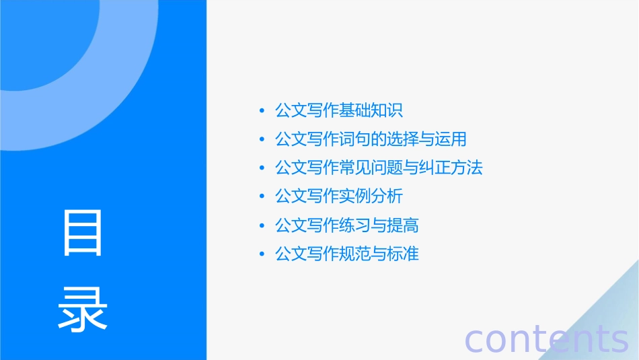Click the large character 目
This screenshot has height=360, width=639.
83,233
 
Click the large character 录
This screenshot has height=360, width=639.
83,309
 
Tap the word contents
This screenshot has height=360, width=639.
546,338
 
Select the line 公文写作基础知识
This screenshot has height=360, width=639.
339,110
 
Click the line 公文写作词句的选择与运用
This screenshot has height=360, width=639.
371,139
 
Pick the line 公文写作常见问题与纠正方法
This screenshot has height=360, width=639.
379,168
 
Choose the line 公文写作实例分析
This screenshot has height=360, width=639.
339,196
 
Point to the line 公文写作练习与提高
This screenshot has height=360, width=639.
347,225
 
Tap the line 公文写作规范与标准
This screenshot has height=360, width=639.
347,254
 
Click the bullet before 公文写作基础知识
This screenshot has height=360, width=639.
262,111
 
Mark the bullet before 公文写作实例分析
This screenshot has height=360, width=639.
262,197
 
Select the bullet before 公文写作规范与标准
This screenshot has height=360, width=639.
262,254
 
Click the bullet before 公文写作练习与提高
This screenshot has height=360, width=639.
262,226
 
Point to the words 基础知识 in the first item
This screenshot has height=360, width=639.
371,110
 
